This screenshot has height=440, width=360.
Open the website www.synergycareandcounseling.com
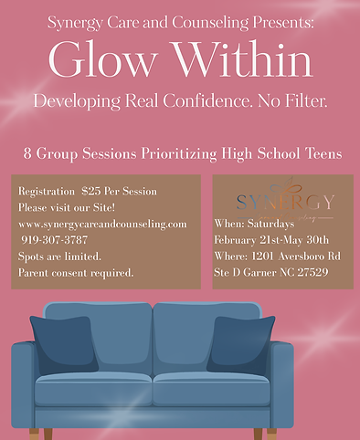coord(102,224)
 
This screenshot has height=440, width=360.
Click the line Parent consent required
coord(76,272)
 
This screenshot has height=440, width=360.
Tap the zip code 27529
coord(314,272)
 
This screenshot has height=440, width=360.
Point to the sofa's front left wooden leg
coord(35,433)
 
